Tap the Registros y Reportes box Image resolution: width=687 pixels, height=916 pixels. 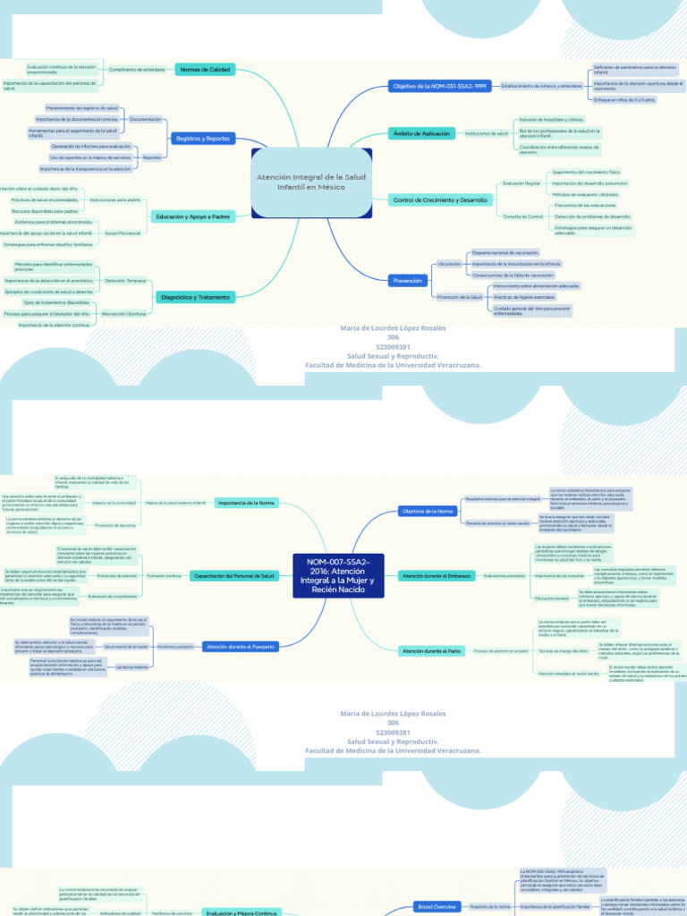pyautogui.click(x=203, y=139)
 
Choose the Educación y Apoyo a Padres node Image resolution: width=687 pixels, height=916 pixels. pyautogui.click(x=193, y=216)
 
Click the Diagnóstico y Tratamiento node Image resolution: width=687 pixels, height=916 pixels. pyautogui.click(x=195, y=296)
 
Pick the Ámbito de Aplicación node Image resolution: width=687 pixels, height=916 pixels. pyautogui.click(x=421, y=133)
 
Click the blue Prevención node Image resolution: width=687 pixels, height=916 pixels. pyautogui.click(x=407, y=280)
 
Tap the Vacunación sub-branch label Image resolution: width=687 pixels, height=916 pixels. pyautogui.click(x=449, y=265)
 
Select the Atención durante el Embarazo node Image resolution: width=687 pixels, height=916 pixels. pyautogui.click(x=437, y=575)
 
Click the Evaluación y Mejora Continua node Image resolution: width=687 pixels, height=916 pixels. pyautogui.click(x=242, y=912)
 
